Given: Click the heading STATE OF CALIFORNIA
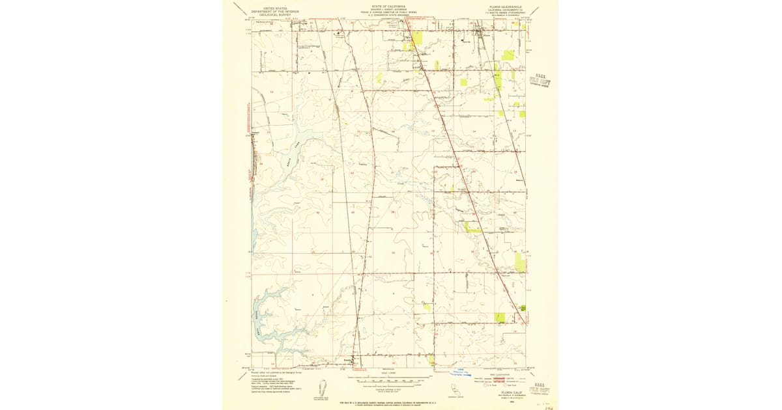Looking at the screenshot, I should [389, 5].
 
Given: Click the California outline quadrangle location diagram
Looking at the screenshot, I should [454, 389].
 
